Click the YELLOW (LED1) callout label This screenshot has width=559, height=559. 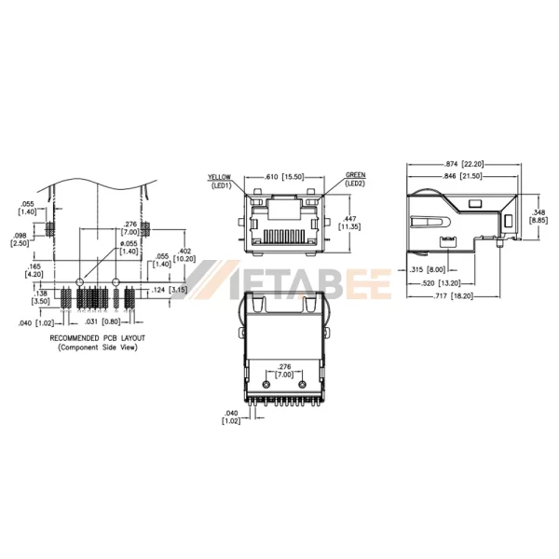pyautogui.click(x=219, y=180)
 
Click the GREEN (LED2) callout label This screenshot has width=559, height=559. pyautogui.click(x=355, y=179)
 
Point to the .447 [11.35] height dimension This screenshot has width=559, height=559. pyautogui.click(x=347, y=222)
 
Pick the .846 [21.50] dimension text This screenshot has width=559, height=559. pyautogui.click(x=464, y=175)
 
